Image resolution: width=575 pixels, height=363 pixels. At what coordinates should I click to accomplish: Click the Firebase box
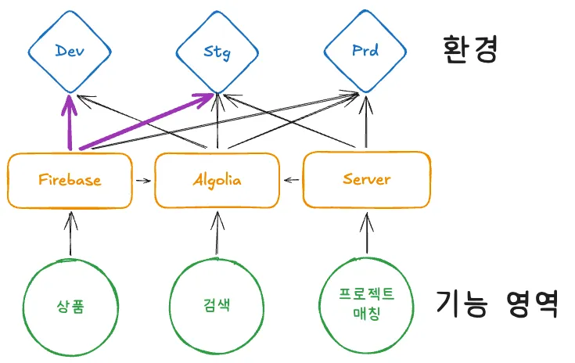[x=70, y=180]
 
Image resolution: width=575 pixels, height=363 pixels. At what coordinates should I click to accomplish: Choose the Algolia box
[x=217, y=180]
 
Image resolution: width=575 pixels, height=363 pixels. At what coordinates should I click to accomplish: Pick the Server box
[x=366, y=179]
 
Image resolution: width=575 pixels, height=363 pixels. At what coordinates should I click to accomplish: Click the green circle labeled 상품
[x=70, y=305]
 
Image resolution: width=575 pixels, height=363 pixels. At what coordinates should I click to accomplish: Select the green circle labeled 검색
[x=217, y=305]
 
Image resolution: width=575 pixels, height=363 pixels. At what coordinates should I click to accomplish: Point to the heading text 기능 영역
[x=496, y=303]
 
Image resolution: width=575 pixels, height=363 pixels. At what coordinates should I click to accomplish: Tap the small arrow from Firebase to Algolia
[x=142, y=181]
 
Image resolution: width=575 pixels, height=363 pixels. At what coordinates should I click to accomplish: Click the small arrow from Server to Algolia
[x=292, y=181]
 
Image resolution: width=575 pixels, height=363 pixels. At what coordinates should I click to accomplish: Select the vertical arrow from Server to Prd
[x=362, y=121]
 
